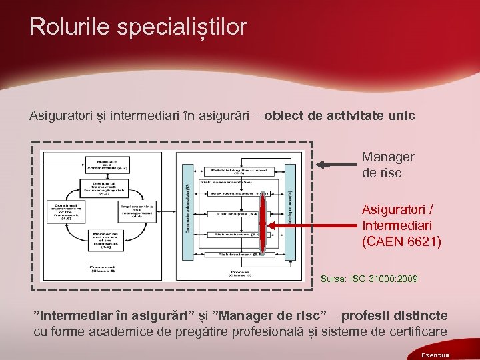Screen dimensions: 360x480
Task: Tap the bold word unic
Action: click(400, 116)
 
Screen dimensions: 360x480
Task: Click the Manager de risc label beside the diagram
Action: click(387, 164)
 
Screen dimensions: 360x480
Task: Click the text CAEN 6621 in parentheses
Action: click(401, 241)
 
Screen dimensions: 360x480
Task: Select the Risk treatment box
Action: click(233, 254)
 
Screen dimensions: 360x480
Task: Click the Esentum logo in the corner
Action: click(435, 355)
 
